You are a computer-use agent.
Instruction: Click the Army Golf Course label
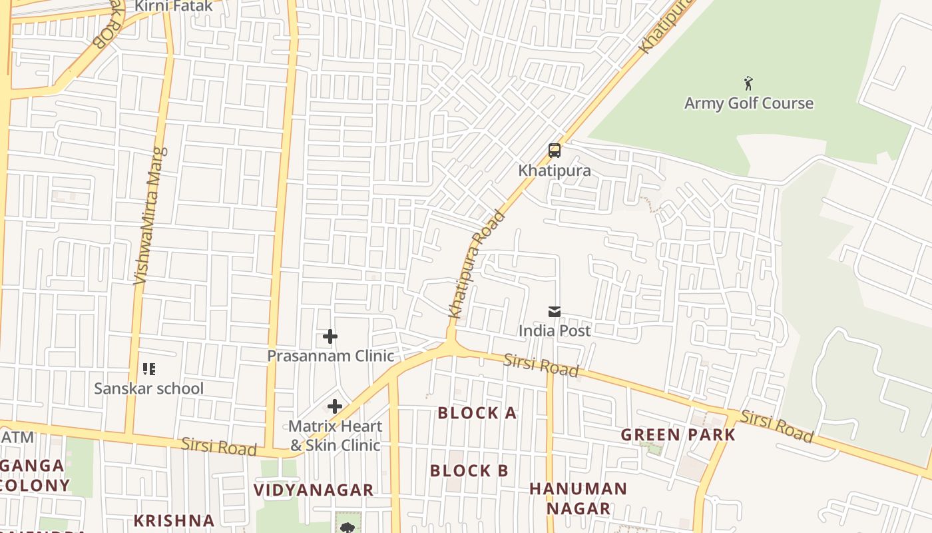pos(748,103)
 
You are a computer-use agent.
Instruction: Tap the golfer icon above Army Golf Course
pos(748,83)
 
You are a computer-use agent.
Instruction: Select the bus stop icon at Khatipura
pos(554,151)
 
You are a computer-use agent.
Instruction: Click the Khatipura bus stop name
pos(554,171)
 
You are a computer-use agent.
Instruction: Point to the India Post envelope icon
pos(554,311)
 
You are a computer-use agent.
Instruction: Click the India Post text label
pos(554,330)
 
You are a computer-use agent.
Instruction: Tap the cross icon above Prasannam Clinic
pos(330,336)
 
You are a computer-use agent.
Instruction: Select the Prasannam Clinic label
pos(330,356)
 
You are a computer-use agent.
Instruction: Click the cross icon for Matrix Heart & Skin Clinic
pos(335,406)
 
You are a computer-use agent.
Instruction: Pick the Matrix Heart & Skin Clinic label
pos(335,436)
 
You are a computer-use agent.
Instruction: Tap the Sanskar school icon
pos(149,368)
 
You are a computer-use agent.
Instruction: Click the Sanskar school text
pos(148,388)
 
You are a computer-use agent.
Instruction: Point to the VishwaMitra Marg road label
pos(150,217)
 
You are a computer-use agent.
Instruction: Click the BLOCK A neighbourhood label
pos(477,413)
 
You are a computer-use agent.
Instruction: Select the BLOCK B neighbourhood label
pos(469,471)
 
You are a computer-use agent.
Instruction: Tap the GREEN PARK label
pos(678,435)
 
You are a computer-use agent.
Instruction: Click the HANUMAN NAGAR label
pos(578,498)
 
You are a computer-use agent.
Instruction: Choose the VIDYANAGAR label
pos(314,490)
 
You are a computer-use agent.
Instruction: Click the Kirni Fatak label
pos(174,7)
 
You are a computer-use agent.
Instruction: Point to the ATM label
pos(18,438)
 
